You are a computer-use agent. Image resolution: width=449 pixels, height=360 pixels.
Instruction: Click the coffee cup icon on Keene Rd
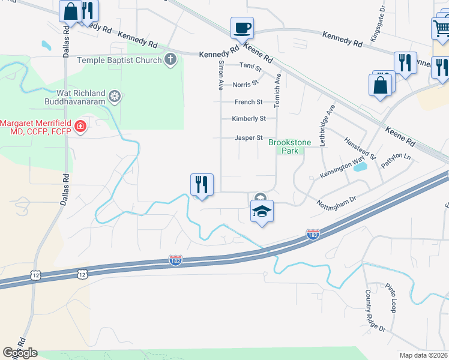242,28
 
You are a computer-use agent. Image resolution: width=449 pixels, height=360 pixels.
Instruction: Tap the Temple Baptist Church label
119,60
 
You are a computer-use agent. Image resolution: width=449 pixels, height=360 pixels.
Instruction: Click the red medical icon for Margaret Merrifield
79,126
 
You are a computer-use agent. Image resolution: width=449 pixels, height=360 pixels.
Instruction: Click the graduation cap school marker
262,212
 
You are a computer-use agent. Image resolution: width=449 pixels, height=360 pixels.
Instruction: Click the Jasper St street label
249,138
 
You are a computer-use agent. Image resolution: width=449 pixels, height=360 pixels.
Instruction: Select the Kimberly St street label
249,119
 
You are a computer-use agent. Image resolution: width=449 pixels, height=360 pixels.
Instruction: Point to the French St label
249,102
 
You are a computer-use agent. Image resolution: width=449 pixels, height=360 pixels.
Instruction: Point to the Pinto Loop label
391,298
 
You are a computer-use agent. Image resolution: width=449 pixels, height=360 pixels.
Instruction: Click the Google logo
20,353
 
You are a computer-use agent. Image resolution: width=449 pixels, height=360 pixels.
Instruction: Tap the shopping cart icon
441,28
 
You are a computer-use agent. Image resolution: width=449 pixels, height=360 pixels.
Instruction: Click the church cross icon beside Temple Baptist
171,60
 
